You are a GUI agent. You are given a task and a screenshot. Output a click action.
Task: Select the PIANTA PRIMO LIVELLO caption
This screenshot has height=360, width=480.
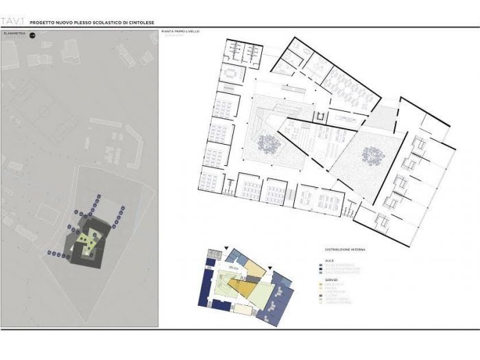181,32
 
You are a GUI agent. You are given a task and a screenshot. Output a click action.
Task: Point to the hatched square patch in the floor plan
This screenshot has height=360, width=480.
385,117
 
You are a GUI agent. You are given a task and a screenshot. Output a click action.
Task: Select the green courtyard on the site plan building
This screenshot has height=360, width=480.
86,241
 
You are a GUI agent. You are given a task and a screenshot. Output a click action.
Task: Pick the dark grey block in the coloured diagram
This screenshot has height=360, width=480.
280,279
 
